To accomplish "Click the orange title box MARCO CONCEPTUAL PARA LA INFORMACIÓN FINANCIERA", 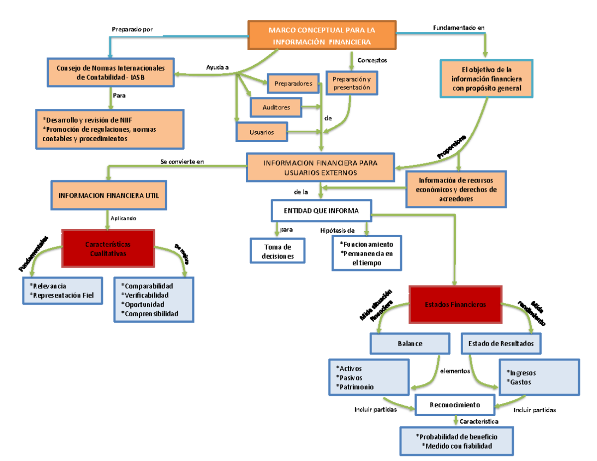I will click(322, 35).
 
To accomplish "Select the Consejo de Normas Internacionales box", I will click(111, 73).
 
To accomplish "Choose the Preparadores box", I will click(293, 84).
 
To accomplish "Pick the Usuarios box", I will click(262, 132).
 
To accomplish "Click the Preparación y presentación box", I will click(352, 83).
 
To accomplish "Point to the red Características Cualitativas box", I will click(108, 249).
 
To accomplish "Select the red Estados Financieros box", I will click(455, 304).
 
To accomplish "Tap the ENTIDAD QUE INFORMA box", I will click(321, 210).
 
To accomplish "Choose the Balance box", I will click(409, 344).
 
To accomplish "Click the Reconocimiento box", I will click(455, 405).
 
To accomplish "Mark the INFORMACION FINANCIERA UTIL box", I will click(108, 195).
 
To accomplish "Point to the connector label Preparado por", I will click(132, 30).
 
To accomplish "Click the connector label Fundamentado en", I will click(455, 28).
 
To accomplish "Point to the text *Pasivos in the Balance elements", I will click(348, 377).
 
